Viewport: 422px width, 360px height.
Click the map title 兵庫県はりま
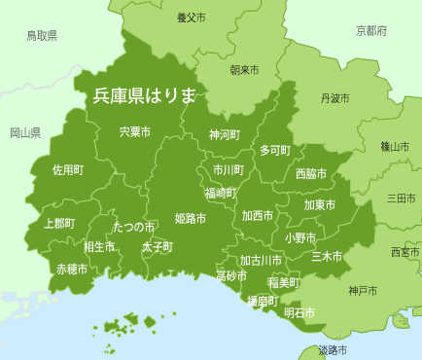coord(145,95)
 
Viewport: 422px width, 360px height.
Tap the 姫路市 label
coord(191,219)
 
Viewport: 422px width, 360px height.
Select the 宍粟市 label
coord(135,131)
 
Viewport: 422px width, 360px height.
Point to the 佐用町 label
coord(68,169)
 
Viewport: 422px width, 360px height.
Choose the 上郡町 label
coord(59,223)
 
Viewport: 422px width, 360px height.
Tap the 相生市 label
coord(99,247)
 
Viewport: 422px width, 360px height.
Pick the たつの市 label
coord(133,227)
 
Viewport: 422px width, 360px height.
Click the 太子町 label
coord(157,247)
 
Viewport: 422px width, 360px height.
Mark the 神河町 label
coord(225,135)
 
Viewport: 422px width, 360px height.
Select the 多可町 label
coord(274,150)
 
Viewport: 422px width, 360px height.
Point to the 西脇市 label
coord(310,173)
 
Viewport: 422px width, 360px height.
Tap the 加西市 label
coord(258,215)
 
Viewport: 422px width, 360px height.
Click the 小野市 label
coord(299,237)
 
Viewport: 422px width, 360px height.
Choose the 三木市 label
coord(327,257)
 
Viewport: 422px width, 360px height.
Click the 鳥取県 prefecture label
coord(42,36)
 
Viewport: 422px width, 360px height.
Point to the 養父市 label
coord(192,18)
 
